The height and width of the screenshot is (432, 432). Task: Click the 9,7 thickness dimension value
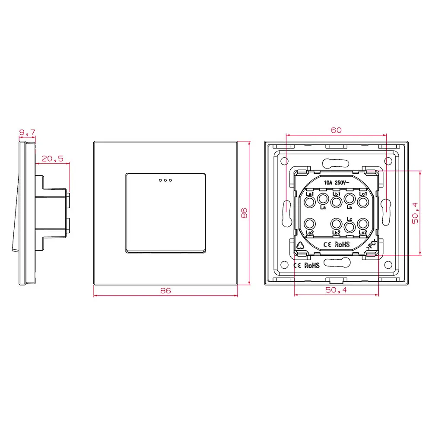[x=27, y=131]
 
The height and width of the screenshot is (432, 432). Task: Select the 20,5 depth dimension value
[x=52, y=159]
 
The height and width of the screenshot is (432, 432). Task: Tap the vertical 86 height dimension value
[x=244, y=213]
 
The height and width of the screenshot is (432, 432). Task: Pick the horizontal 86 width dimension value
[x=165, y=291]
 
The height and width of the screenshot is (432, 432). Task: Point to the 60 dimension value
[x=336, y=130]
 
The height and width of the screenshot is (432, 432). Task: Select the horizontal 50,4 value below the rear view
[x=336, y=291]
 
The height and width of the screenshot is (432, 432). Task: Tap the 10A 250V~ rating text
[x=336, y=183]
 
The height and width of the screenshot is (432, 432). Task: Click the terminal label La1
[x=309, y=194]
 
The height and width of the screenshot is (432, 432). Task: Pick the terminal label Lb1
[x=337, y=194]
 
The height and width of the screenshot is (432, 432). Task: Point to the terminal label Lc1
[x=363, y=194]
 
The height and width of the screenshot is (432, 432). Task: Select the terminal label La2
[x=309, y=233]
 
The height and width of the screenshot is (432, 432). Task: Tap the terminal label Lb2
[x=337, y=233]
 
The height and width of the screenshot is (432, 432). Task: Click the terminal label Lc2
[x=363, y=233]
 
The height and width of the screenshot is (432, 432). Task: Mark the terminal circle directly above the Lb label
[x=349, y=200]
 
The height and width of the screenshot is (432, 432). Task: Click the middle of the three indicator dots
[x=165, y=180]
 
